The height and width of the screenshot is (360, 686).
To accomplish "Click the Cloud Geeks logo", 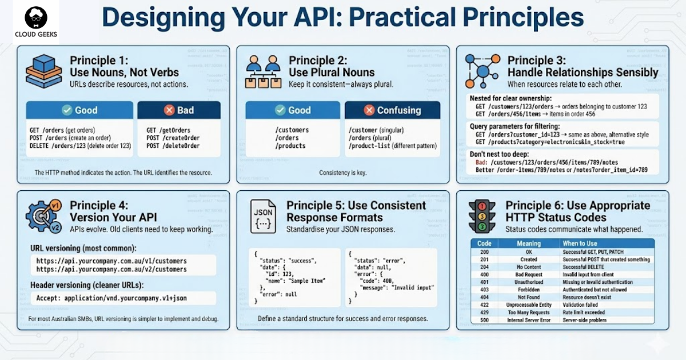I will pos(29,22).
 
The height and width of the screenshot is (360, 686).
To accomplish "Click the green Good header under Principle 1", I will pos(79,110).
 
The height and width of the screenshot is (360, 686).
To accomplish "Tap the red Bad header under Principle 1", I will pos(179,110).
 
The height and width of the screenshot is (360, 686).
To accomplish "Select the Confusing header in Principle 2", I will pos(392,110).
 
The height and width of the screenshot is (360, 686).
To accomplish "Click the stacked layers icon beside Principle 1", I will pos(43,71).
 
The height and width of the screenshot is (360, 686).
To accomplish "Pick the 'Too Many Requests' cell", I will pos(528,313).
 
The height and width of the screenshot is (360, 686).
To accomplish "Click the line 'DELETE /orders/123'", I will pos(80,146).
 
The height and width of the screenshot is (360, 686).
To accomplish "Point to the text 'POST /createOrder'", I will pos(173,138).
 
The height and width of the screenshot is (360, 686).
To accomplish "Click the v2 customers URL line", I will pos(111,269).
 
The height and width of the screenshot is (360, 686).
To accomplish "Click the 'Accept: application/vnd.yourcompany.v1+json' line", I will pos(111,298).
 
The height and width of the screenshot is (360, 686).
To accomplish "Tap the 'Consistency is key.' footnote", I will pos(342,173).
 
